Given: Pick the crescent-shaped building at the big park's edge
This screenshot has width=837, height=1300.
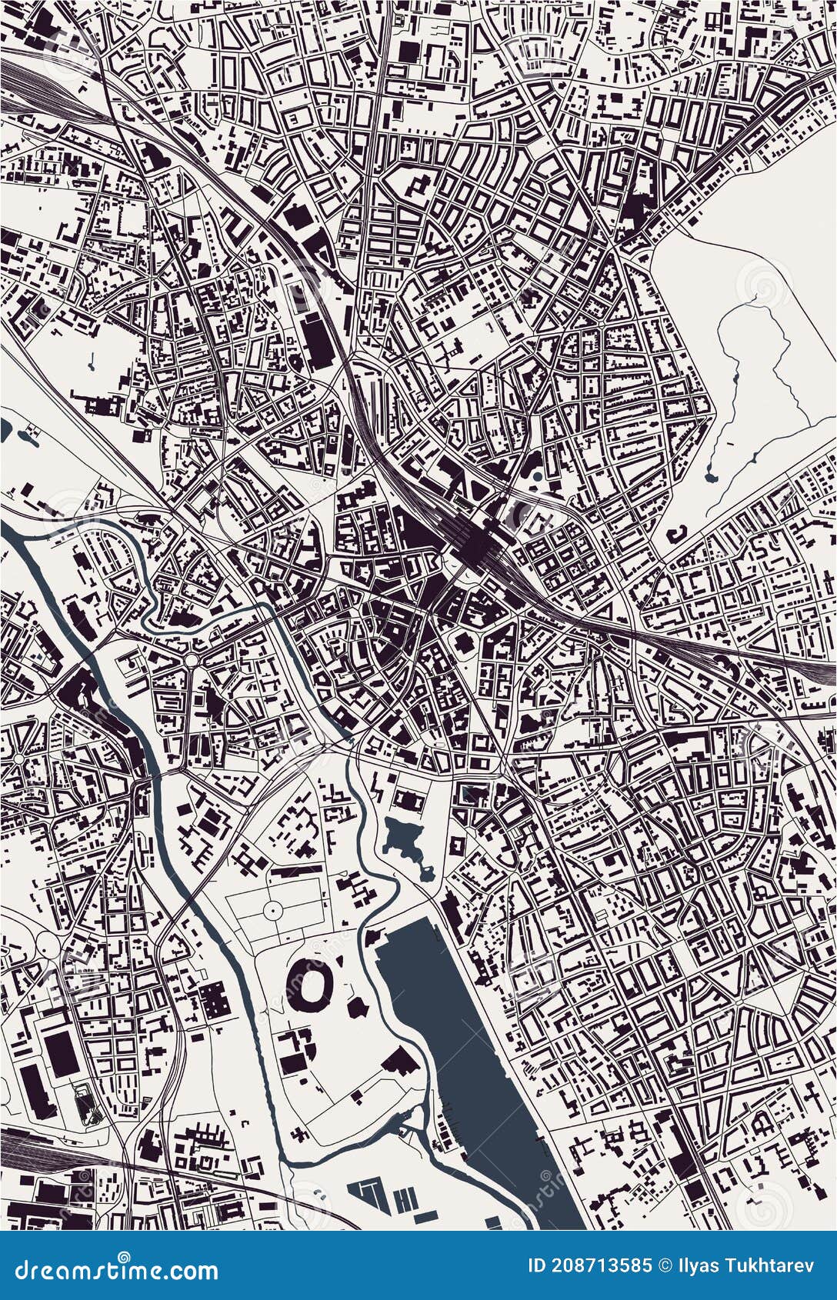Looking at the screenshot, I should [x=677, y=532].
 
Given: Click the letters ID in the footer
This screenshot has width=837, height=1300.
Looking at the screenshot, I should [x=536, y=1265].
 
